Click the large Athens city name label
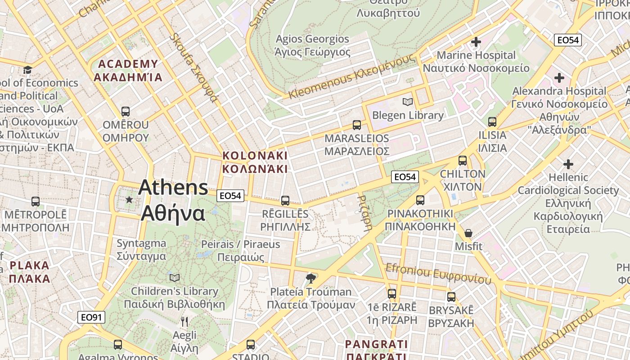[x=173, y=200]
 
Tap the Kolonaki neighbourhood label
[x=255, y=162]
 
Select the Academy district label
[x=128, y=70]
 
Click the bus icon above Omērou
[x=126, y=111]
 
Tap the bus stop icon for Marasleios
[x=357, y=125]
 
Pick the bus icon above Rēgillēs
[x=285, y=201]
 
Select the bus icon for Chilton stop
[x=462, y=161]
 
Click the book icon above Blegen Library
[x=408, y=102]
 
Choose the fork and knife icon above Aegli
[x=184, y=321]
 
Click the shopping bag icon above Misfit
[x=468, y=233]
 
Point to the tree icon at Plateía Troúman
[x=310, y=279]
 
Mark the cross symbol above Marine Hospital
[x=476, y=42]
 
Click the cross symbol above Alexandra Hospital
[x=559, y=78]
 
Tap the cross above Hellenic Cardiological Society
[x=568, y=164]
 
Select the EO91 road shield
[x=91, y=317]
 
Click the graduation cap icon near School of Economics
[x=28, y=70]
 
